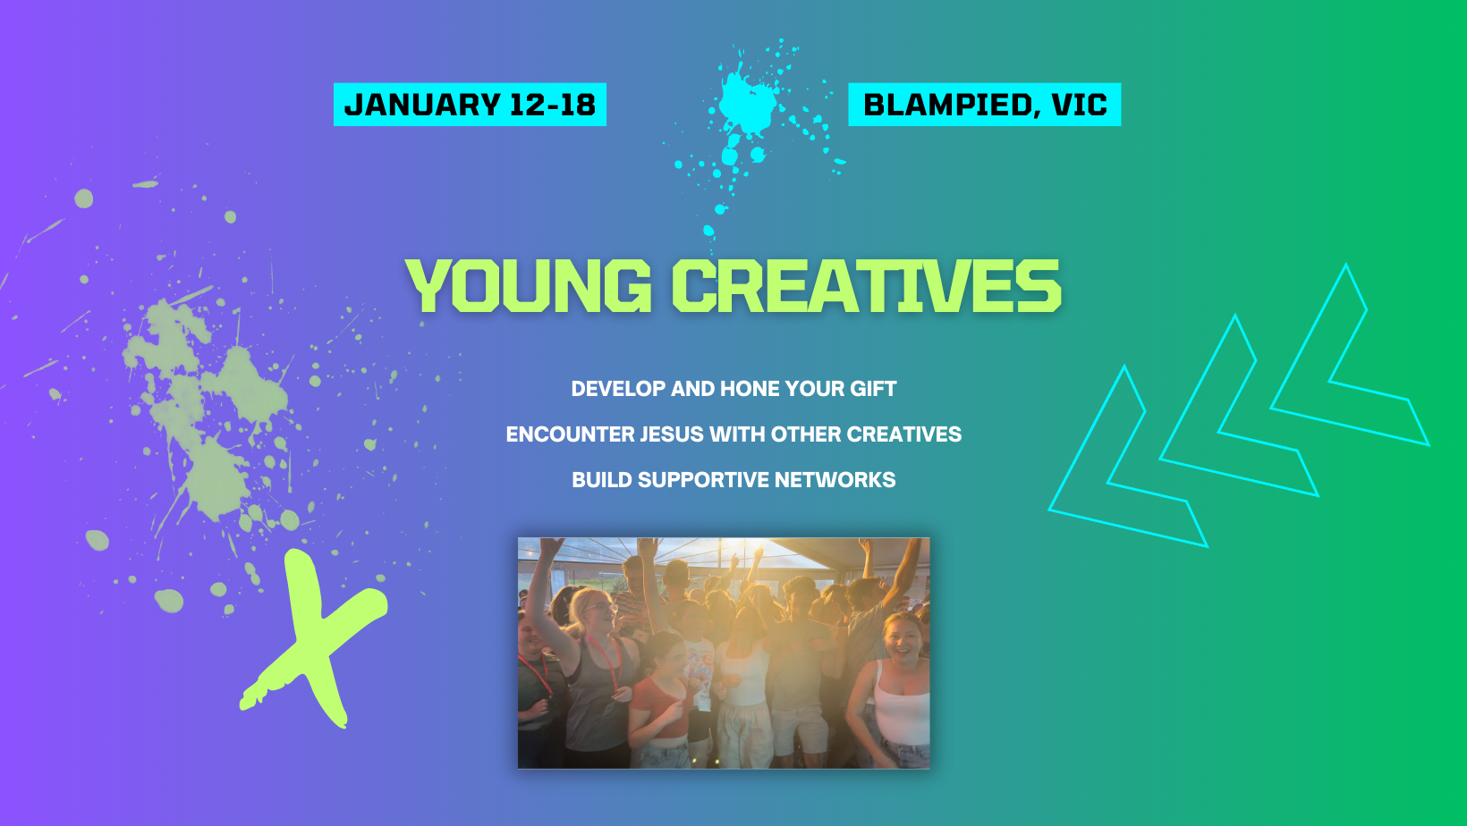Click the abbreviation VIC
click(1080, 105)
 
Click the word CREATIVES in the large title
click(866, 285)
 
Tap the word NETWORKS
click(835, 480)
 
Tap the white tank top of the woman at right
click(903, 710)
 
